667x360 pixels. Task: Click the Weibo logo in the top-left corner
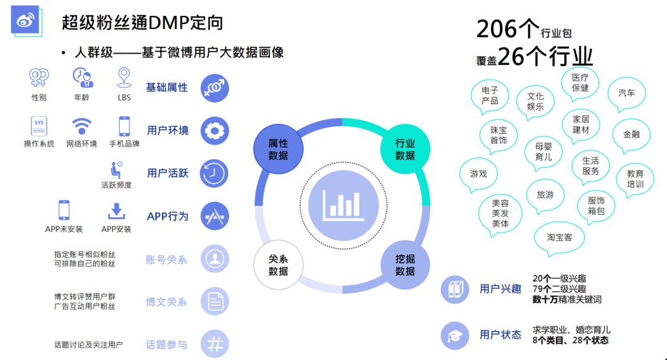coord(25,20)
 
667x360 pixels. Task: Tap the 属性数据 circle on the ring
coord(278,149)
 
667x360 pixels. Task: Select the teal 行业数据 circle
coord(405,149)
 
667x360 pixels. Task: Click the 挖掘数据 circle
coord(405,266)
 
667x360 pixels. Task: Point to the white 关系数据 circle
coord(278,266)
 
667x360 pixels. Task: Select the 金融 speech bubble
coord(631,134)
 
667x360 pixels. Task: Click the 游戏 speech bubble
coord(479,174)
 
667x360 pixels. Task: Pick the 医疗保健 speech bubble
coord(580,83)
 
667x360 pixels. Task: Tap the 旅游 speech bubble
coord(545,195)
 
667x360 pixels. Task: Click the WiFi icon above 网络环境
coord(82,126)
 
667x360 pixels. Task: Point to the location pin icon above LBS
coord(124,77)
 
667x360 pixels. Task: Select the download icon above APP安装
coord(116,211)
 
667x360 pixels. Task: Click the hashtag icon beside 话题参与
coord(215,345)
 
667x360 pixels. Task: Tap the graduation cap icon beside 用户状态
coord(455,335)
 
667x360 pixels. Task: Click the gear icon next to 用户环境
coord(215,131)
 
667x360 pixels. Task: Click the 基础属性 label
coord(167,88)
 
